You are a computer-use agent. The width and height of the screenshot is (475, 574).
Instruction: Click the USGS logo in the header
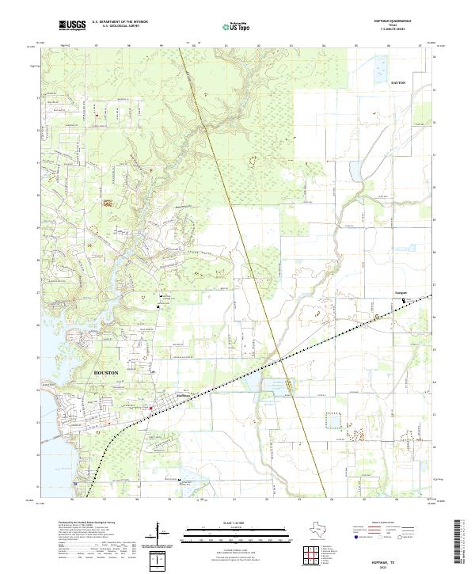click(x=72, y=25)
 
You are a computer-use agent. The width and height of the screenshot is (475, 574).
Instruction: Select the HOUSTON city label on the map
click(x=105, y=372)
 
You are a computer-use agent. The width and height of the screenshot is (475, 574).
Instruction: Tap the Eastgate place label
click(x=401, y=294)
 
